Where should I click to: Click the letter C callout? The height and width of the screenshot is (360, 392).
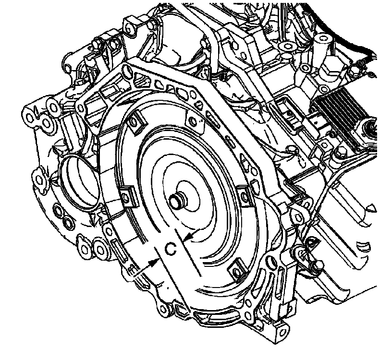(x=171, y=249)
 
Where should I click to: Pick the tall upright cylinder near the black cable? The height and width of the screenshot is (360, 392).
(x=322, y=50)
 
